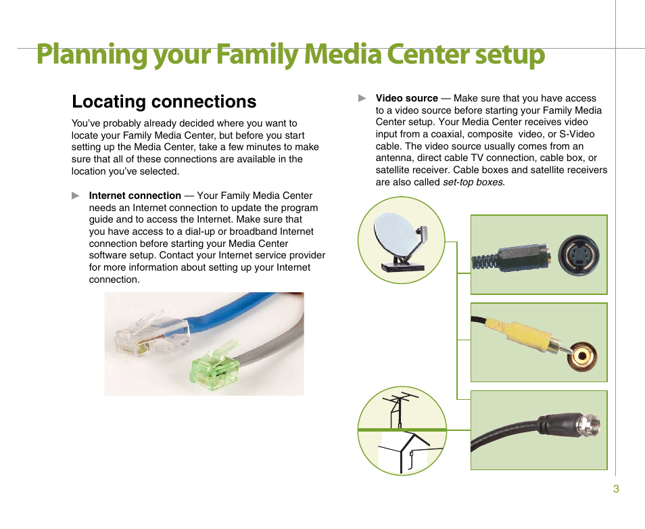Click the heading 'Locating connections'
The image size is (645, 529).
[x=164, y=101]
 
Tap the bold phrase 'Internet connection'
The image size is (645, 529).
[x=135, y=195]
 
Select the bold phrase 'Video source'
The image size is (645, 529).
[x=407, y=98]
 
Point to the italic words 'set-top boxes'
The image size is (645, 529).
[x=473, y=182]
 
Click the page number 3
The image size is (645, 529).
[x=616, y=490]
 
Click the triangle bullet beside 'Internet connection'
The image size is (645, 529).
[x=76, y=195]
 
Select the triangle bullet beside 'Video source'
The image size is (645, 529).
[x=362, y=98]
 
